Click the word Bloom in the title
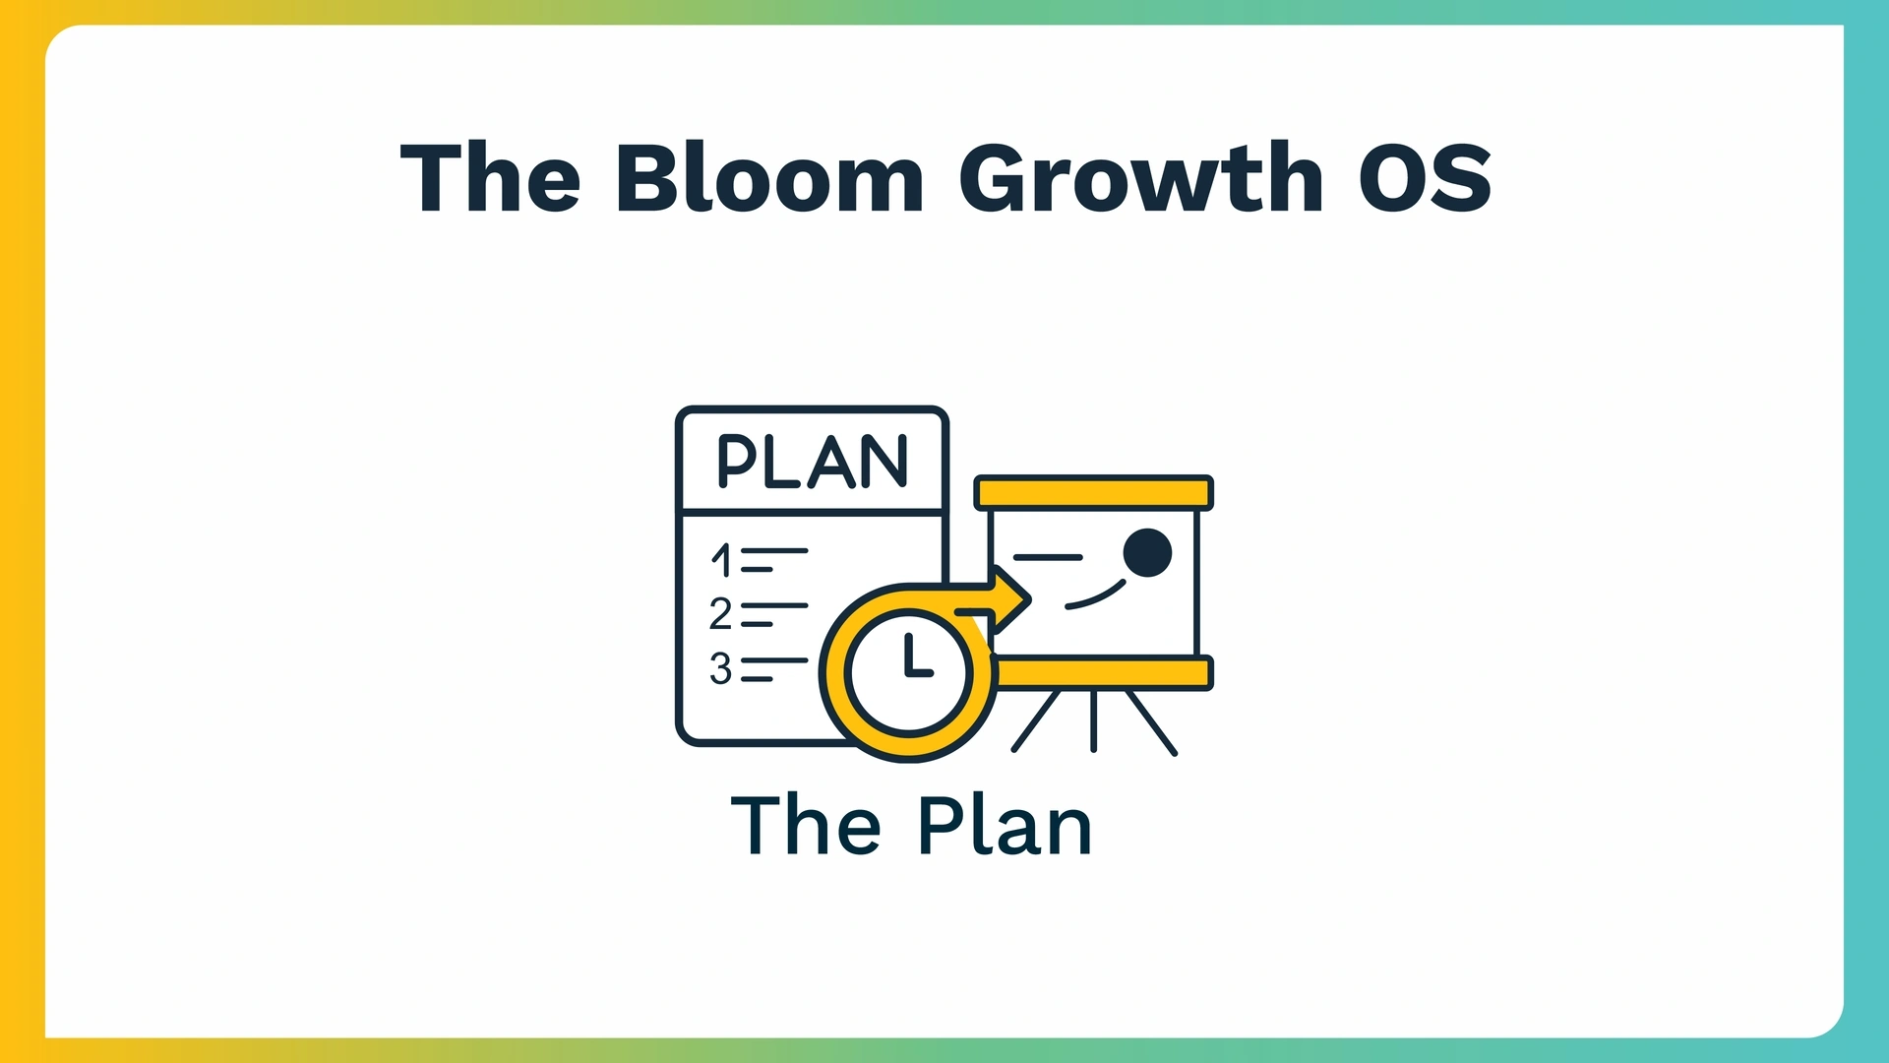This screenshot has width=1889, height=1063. pos(769,177)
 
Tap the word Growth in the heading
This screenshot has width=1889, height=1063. pos(1141,177)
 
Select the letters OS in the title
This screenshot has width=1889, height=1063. pos(1426,177)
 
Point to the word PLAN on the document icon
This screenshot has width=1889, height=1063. pos(813,462)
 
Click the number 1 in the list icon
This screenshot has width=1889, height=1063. pos(722,560)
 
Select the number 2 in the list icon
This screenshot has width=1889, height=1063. pos(721,614)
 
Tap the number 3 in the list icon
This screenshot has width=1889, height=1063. pos(721,669)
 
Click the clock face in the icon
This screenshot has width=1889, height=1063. pos(908,673)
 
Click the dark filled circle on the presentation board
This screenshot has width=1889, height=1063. pos(1147,552)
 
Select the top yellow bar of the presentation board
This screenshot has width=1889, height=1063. pos(1093,492)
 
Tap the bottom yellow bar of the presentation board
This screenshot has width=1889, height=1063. pos(1102,673)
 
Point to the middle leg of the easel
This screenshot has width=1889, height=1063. pos(1093,721)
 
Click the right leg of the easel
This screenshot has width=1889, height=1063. pos(1151,723)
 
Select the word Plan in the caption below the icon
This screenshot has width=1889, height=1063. pos(1005,826)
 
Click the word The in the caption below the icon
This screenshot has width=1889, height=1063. pos(806,826)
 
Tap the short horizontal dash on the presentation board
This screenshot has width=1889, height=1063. pos(1048,557)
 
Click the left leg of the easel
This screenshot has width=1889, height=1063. pos(1036,721)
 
